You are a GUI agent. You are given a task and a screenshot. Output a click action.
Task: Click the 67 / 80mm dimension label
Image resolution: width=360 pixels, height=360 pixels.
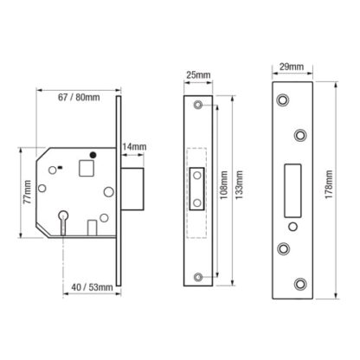point(79,97)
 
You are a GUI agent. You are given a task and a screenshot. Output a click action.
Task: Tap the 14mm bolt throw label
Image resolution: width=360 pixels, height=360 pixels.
point(134,147)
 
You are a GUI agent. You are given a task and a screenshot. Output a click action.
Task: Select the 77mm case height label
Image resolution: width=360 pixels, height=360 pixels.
point(28,192)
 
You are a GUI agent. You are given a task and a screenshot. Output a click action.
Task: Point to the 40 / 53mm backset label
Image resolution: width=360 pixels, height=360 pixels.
point(92,287)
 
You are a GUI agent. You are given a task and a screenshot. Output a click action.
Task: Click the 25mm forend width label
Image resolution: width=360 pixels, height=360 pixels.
point(198,75)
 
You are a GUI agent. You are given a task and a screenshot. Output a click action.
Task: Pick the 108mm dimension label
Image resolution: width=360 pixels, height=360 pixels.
point(224,185)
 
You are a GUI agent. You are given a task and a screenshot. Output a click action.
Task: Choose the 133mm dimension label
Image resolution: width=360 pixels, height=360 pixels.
point(239,185)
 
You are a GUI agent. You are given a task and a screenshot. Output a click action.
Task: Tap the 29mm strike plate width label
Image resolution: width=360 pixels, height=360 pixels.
point(292,67)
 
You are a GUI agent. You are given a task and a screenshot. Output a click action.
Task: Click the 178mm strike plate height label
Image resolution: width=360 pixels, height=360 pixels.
point(329,184)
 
